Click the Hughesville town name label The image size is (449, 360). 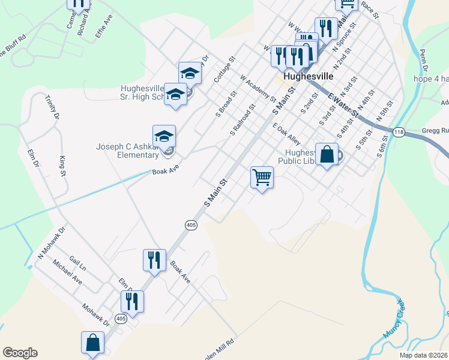point(308,77)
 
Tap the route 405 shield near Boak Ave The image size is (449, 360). point(191,225)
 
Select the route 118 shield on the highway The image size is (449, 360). point(399,131)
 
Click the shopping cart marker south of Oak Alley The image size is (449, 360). point(262,178)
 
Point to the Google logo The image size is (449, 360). point(20,353)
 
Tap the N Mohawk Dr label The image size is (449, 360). point(51,240)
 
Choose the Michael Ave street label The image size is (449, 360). point(67,272)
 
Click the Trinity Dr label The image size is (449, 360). point(49,108)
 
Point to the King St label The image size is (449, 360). point(62,166)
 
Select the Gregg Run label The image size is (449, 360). point(435,130)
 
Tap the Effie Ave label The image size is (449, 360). point(104,28)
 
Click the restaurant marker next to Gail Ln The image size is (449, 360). point(154,260)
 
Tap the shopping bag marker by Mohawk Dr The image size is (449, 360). point(93,343)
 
